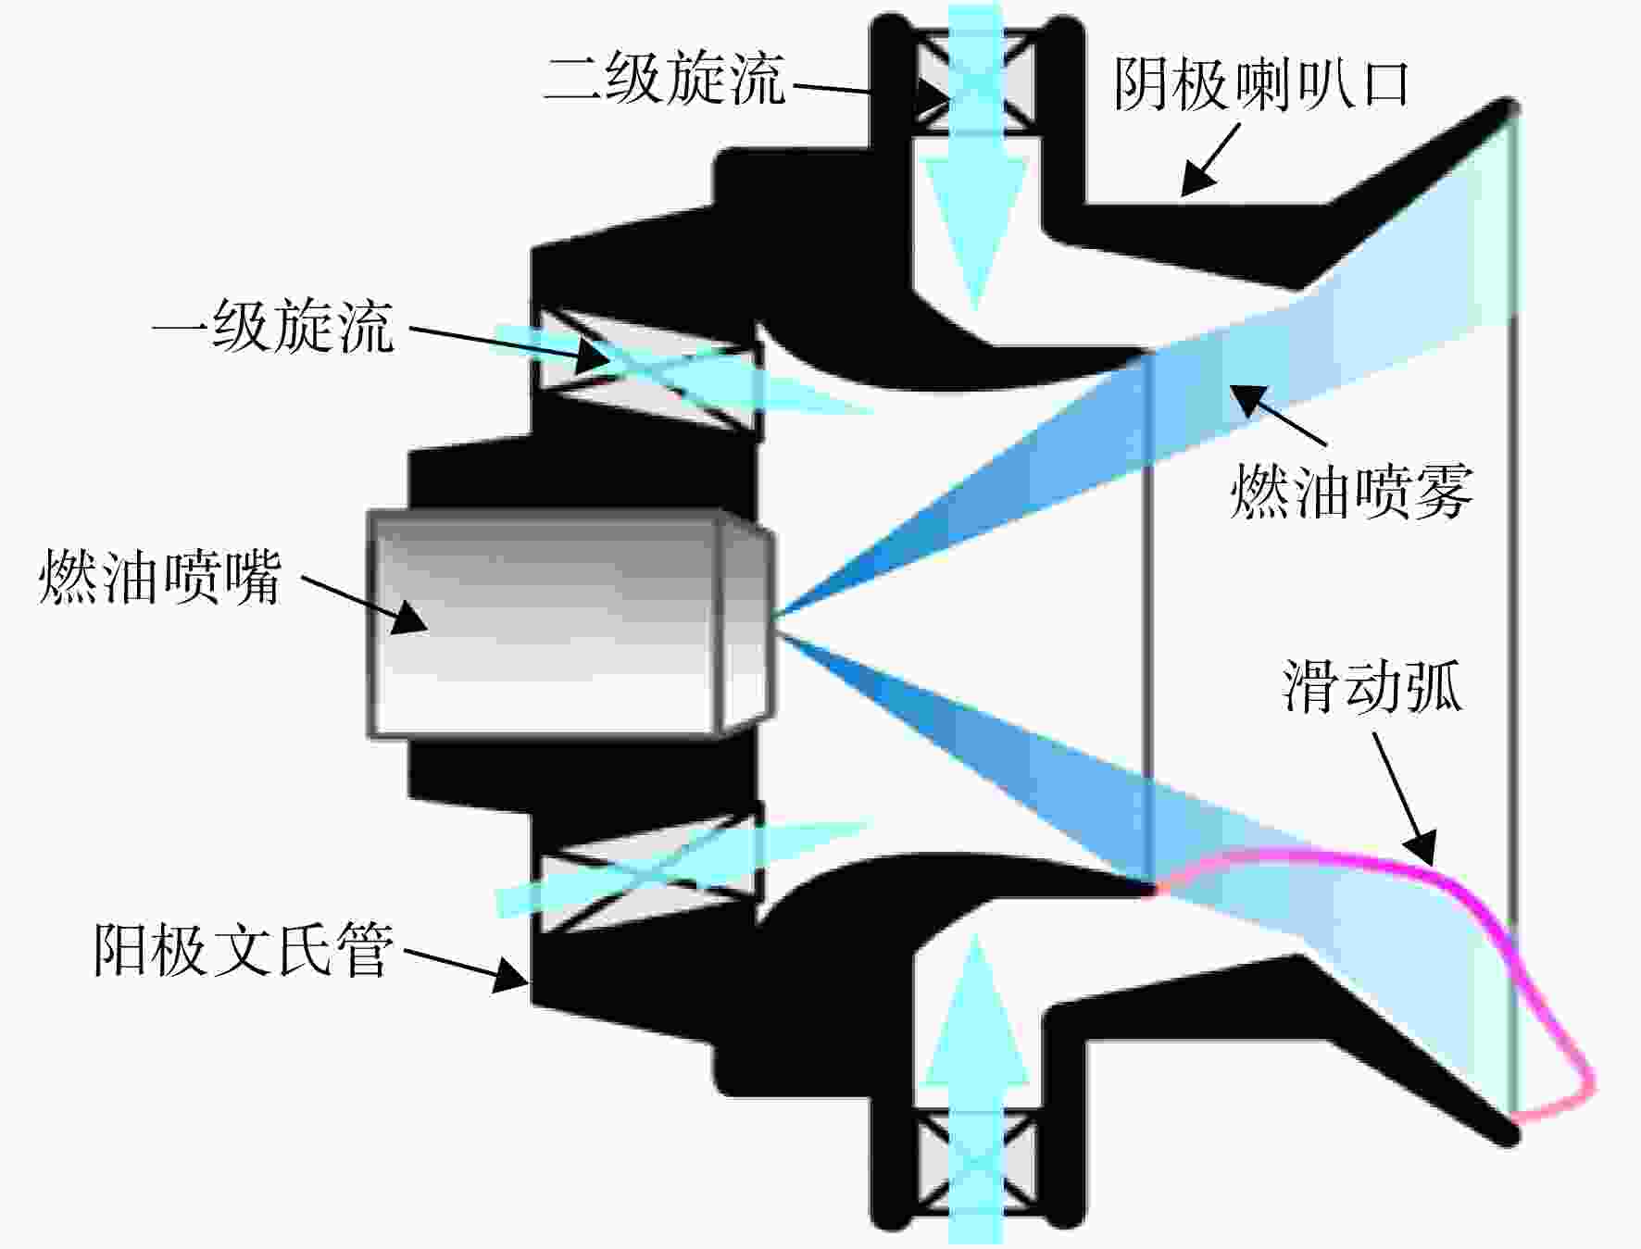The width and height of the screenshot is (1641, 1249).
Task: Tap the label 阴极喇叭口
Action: coord(1261,86)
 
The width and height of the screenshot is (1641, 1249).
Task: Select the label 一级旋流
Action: coord(274,327)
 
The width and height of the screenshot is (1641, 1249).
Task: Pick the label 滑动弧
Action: coord(1372,687)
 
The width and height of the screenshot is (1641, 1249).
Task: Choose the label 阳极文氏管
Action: coord(244,949)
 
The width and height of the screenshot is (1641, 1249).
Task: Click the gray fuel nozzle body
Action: coord(570,622)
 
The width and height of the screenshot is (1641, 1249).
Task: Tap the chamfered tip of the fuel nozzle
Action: coord(746,622)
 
